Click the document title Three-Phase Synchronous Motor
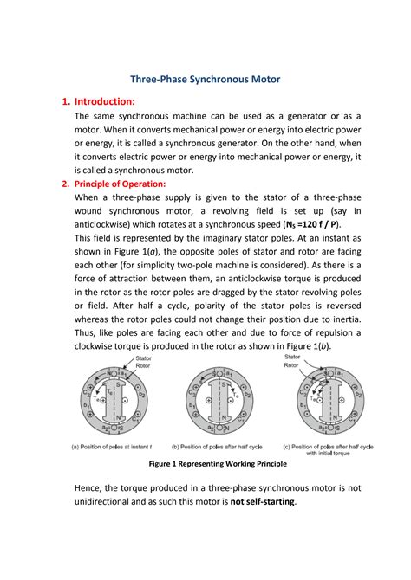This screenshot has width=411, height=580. click(x=205, y=78)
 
